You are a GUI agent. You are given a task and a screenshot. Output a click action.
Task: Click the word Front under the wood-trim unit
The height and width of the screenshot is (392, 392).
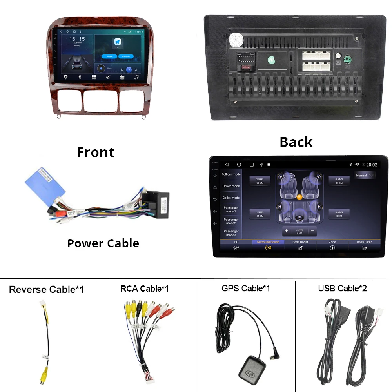click(96, 152)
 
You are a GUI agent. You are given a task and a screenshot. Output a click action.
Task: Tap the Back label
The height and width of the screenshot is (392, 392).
click(296, 142)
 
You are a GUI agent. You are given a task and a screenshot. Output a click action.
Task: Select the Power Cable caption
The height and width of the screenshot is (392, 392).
click(103, 243)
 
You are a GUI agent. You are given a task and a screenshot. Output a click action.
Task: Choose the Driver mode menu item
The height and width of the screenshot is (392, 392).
click(231, 186)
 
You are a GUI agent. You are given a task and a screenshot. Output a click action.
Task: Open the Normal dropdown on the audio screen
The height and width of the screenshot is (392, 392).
click(364, 175)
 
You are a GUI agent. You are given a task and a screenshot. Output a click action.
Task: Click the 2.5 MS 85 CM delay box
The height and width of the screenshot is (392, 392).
click(260, 181)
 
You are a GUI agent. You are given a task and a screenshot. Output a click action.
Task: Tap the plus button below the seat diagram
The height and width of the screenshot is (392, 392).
click(287, 231)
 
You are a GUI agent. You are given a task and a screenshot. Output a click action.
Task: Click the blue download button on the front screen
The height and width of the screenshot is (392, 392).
click(125, 56)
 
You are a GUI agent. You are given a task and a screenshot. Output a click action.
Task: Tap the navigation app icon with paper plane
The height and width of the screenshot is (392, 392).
click(117, 42)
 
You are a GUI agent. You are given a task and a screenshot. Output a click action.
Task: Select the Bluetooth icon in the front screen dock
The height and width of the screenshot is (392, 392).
click(79, 77)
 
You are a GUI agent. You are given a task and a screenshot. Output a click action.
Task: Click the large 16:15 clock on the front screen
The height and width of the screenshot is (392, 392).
click(77, 39)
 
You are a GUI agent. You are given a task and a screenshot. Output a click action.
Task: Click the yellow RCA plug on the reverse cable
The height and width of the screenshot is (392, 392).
click(44, 376)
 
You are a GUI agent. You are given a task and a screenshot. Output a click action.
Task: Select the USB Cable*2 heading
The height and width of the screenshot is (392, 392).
click(342, 289)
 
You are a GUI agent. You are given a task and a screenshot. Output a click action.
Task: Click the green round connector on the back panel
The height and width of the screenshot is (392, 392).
click(347, 60)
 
